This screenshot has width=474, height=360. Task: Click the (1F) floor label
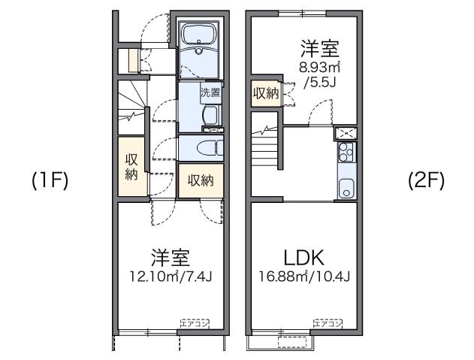pyautogui.click(x=50, y=181)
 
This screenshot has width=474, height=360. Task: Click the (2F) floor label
pyautogui.click(x=426, y=181)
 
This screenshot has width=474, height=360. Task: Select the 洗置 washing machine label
pyautogui.click(x=210, y=93)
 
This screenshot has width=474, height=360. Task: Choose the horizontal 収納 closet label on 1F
pyautogui.click(x=200, y=180)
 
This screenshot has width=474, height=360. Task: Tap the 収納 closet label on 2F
pyautogui.click(x=265, y=93)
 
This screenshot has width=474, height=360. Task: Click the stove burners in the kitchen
pyautogui.click(x=346, y=153)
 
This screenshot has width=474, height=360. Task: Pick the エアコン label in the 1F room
pyautogui.click(x=195, y=323)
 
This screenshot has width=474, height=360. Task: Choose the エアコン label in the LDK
pyautogui.click(x=327, y=323)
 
